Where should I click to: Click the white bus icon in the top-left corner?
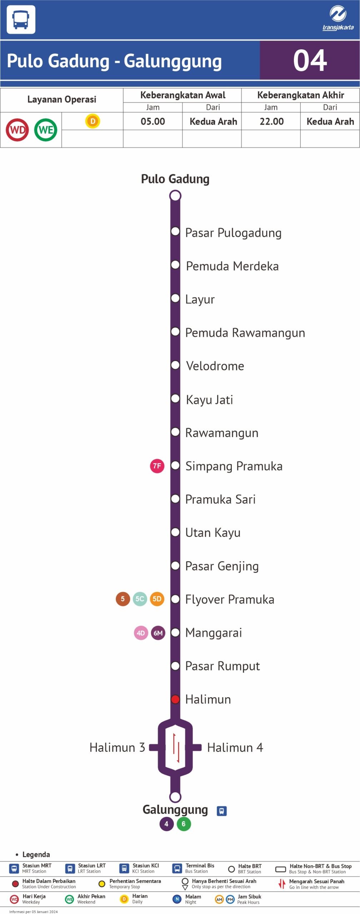(x=21, y=20)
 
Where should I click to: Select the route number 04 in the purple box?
(x=310, y=61)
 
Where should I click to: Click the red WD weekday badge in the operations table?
(x=17, y=130)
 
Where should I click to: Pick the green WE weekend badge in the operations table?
(x=46, y=130)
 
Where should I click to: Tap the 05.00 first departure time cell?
(x=153, y=121)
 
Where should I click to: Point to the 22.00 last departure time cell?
(x=271, y=121)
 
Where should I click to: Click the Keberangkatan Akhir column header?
(x=300, y=95)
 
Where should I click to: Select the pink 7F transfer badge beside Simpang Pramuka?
(x=157, y=466)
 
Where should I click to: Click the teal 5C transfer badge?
(x=140, y=599)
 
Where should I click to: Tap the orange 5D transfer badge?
(x=157, y=599)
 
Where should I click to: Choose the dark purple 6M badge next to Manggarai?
(x=158, y=633)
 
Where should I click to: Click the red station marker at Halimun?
(x=175, y=699)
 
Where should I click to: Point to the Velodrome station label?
(x=215, y=366)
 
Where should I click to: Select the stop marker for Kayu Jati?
(x=175, y=398)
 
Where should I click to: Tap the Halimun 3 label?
(x=117, y=747)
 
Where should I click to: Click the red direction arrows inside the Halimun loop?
(x=175, y=747)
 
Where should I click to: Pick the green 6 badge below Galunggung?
(x=184, y=824)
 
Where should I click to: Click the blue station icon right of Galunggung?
(x=221, y=811)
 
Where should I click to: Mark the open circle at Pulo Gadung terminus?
(x=175, y=196)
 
